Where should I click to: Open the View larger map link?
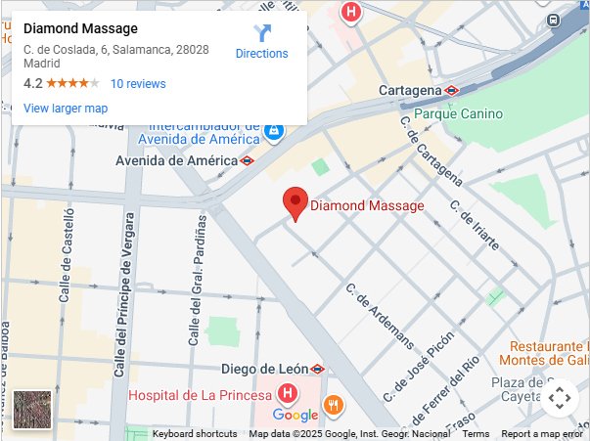pyautogui.click(x=66, y=109)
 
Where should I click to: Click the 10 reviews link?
pyautogui.click(x=138, y=84)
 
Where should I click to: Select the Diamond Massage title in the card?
pyautogui.click(x=80, y=28)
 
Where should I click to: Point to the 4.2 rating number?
pyautogui.click(x=32, y=84)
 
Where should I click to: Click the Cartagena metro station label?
pyautogui.click(x=410, y=90)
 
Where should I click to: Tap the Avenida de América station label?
pyautogui.click(x=176, y=160)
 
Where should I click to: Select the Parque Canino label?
pyautogui.click(x=458, y=113)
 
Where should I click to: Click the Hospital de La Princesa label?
pyautogui.click(x=200, y=395)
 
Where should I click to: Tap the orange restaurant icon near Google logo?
pyautogui.click(x=334, y=405)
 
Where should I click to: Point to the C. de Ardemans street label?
pyautogui.click(x=380, y=318)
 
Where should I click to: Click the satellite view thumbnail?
pyautogui.click(x=32, y=409)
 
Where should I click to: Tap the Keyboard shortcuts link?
pyautogui.click(x=195, y=434)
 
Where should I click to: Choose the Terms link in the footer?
pyautogui.click(x=476, y=434)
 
